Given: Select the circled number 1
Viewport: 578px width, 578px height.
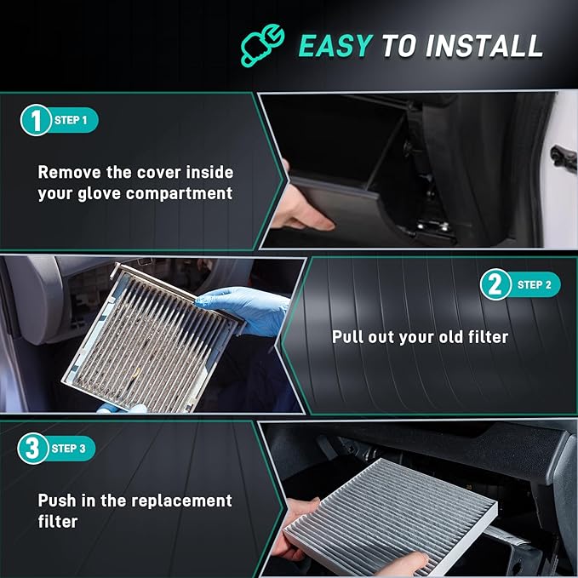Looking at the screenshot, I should coord(34,120).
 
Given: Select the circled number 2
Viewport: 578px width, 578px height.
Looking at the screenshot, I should coord(495,284).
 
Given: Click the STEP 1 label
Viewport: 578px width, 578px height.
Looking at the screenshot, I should coord(72,121).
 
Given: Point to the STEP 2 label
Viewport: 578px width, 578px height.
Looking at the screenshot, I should coord(534,285).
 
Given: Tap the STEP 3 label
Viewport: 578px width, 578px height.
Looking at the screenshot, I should coord(70,449).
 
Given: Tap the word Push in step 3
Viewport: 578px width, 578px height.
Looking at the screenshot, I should coord(56,500).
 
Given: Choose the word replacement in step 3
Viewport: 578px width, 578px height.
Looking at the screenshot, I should coord(175,500).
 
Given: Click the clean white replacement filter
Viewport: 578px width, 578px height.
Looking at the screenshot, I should coord(392,512).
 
